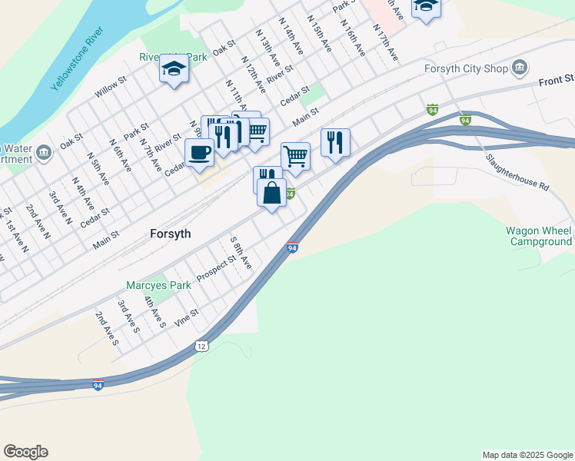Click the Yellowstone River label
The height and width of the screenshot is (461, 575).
coord(77,60)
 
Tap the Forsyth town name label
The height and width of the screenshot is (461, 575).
coord(169,234)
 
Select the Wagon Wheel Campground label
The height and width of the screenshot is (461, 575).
coord(539,236)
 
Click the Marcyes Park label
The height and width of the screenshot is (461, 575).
coord(158,285)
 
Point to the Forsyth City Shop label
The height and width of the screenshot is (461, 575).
coord(466,69)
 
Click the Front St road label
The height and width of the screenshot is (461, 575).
coord(557,80)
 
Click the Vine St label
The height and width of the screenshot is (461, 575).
coord(187,317)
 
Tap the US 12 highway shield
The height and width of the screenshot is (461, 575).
coord(201,347)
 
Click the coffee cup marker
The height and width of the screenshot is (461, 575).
coord(200,151)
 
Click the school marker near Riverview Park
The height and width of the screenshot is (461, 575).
coord(174,70)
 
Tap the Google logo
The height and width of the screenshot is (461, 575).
coord(25,452)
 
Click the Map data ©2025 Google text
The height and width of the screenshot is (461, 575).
coord(527,455)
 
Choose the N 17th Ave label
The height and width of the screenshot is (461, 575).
coord(385,42)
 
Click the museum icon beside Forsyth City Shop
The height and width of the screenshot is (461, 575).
coord(520,68)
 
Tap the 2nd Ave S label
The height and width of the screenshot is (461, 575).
coord(107,327)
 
